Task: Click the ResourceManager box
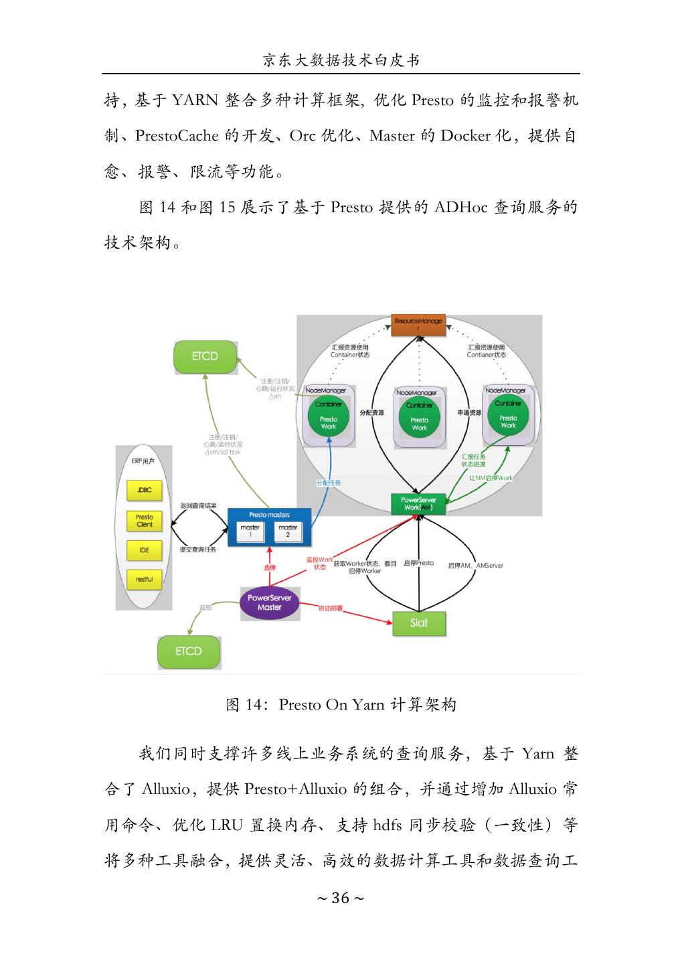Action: tap(418, 325)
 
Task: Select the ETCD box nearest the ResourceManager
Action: tap(205, 356)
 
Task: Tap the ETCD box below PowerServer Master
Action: tap(189, 651)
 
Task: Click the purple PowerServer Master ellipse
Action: tap(270, 602)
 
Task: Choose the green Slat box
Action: tap(418, 623)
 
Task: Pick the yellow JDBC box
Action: tap(145, 490)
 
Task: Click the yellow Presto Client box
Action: tap(145, 521)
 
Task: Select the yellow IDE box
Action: tap(145, 550)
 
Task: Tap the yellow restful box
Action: tap(145, 579)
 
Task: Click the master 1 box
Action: tap(250, 532)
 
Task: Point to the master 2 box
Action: tap(288, 532)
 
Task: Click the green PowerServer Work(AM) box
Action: tap(418, 503)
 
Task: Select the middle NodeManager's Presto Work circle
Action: tap(420, 422)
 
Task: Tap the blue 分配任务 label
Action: tap(329, 483)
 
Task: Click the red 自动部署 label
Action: tap(331, 608)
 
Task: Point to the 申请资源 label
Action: tap(469, 413)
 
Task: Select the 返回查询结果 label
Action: tap(199, 505)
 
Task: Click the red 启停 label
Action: tap(270, 568)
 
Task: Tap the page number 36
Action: tap(341, 898)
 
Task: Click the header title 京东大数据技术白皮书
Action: tap(341, 61)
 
